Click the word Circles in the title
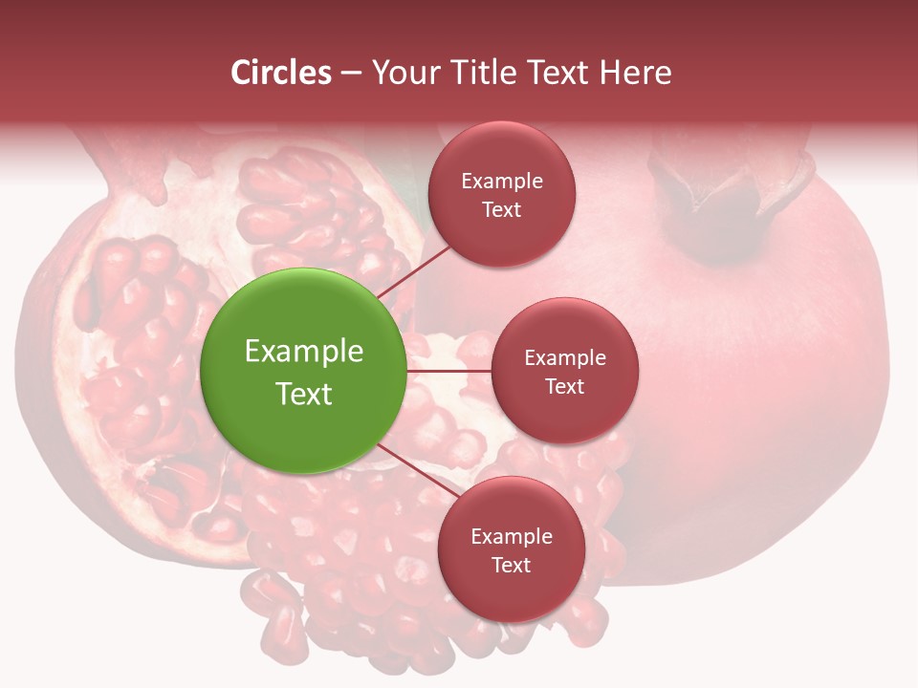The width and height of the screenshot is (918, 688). point(281,73)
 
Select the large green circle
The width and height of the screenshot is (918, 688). point(303,371)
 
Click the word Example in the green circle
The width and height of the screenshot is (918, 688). point(303,352)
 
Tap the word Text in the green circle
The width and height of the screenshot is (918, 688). point(303,394)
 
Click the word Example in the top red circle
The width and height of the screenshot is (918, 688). point(501,181)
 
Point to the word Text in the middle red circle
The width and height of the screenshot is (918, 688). point(564,386)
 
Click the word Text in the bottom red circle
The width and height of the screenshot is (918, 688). point(511,565)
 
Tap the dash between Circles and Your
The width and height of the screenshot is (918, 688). point(351,74)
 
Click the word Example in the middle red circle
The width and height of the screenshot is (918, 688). point(564,357)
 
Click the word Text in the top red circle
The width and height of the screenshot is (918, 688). point(501,209)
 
